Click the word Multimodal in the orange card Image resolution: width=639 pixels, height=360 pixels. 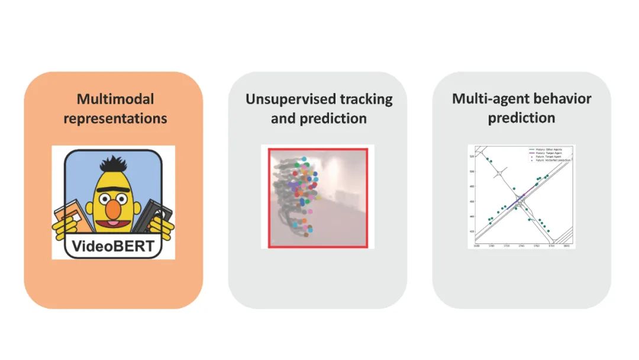pyautogui.click(x=115, y=99)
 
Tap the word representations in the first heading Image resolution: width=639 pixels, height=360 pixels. pyautogui.click(x=115, y=118)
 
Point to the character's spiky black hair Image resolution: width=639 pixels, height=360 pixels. pyautogui.click(x=112, y=164)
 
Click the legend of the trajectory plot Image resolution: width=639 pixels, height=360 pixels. pyautogui.click(x=550, y=155)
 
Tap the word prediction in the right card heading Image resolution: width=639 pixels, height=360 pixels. pyautogui.click(x=521, y=118)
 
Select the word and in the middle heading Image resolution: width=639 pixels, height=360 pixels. pyautogui.click(x=283, y=118)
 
